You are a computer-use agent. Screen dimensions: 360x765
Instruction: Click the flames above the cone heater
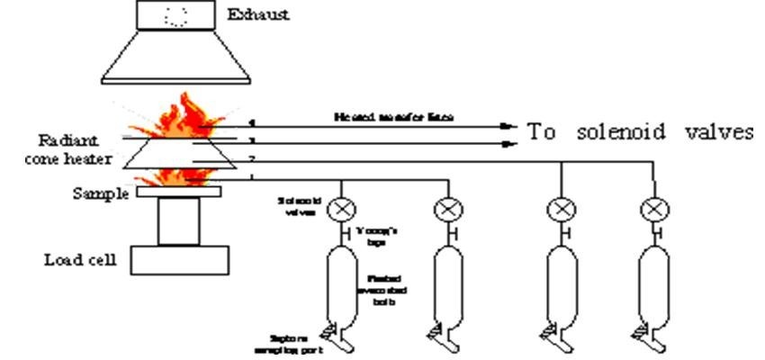(x=180, y=117)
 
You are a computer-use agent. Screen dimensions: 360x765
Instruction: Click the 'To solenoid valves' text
(x=640, y=131)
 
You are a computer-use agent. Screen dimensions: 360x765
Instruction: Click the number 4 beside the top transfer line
(x=252, y=122)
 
